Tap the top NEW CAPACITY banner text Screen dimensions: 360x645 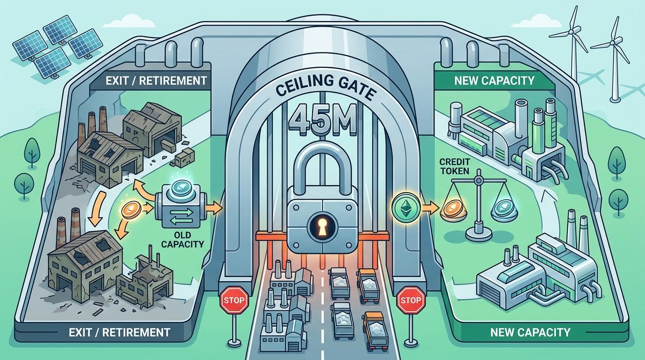[x=494, y=81]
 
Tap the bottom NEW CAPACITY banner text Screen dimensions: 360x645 [x=530, y=332]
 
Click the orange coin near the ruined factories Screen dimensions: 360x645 [x=130, y=210]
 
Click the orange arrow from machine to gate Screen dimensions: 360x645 [x=215, y=206]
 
